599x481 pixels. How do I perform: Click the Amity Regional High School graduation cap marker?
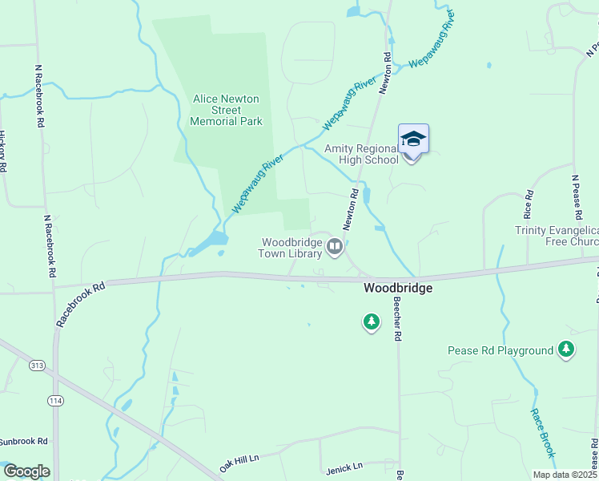[x=413, y=139]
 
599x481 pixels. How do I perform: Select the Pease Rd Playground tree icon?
[x=566, y=350]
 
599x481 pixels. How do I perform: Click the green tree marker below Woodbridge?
[x=371, y=322]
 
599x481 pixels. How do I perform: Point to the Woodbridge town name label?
[x=398, y=288]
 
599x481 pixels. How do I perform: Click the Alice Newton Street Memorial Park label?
[x=227, y=110]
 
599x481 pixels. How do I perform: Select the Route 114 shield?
[x=55, y=400]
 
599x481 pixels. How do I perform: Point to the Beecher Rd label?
[x=396, y=320]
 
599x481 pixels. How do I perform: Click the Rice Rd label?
[x=528, y=204]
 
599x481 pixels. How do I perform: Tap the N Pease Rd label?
[x=575, y=197]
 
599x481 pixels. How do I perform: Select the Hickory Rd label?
[x=3, y=152]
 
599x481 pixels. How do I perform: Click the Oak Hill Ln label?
[x=240, y=463]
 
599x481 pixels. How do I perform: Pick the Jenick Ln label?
[x=344, y=466]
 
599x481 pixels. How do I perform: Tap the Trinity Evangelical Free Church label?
[x=557, y=236]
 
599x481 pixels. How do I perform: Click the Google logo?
[x=26, y=471]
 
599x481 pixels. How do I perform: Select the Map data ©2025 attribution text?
[x=565, y=475]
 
